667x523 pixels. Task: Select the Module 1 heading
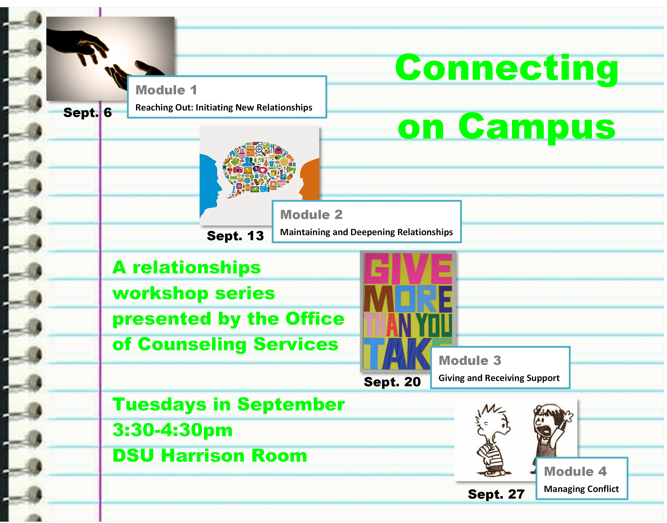click(166, 90)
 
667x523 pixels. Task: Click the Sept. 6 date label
click(87, 113)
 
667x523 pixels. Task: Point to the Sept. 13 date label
click(235, 236)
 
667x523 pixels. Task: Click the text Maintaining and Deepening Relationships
click(366, 232)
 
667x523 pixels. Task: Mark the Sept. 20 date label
click(392, 382)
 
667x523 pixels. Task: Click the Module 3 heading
click(470, 361)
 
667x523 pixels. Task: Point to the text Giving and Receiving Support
click(499, 378)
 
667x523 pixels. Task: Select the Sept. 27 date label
click(496, 494)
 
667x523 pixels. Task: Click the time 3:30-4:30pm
click(172, 430)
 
